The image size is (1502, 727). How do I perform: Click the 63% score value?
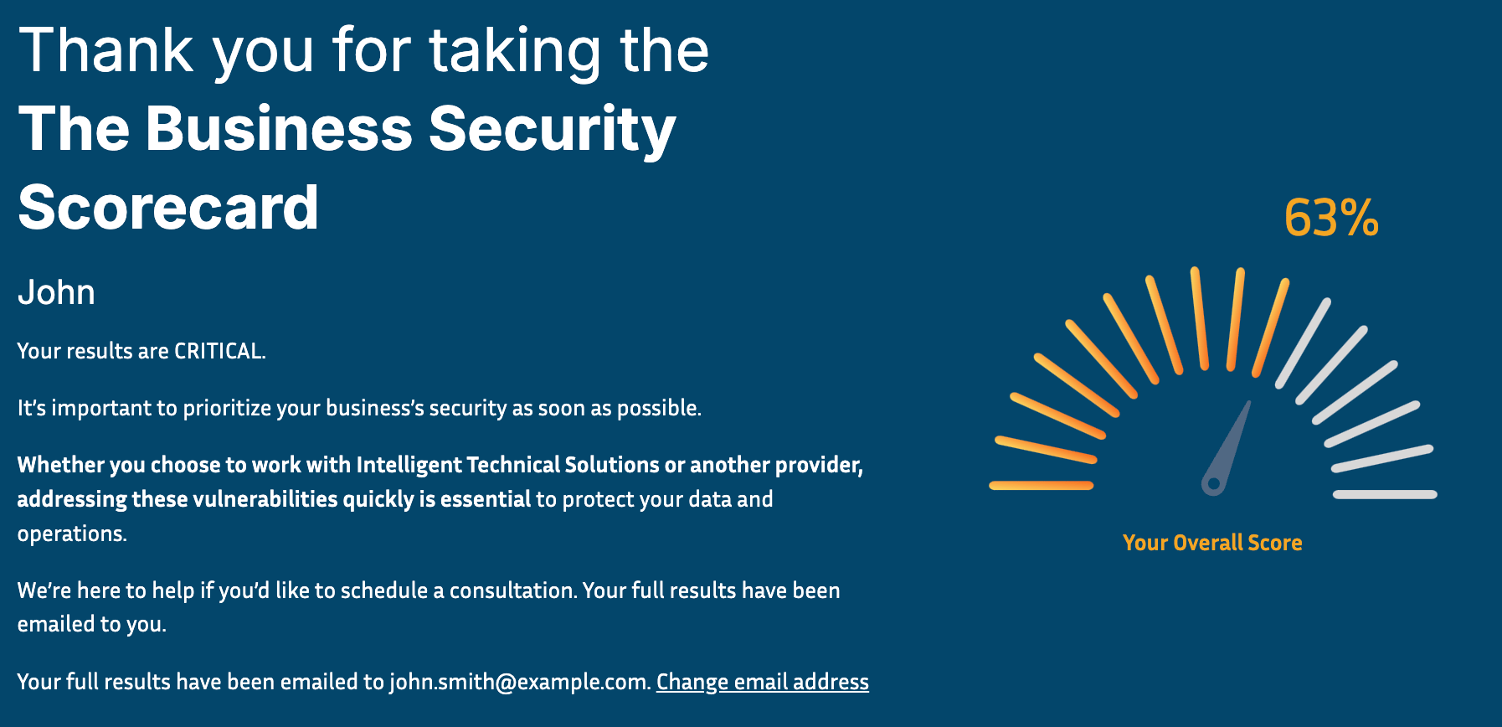1331,218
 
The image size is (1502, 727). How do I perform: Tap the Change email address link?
763,682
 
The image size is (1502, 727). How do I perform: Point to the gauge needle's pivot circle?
1213,484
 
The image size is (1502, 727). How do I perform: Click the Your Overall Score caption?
1212,543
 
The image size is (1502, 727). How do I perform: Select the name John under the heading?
56,292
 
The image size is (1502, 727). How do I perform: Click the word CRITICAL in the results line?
219,351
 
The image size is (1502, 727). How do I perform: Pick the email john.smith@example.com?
520,682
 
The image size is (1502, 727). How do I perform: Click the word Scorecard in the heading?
168,207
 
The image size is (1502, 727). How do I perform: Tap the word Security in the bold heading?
552,130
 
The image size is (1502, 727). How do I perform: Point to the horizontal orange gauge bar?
1042,485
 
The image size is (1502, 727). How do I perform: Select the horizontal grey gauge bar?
1385,494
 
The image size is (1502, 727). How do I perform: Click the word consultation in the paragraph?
512,590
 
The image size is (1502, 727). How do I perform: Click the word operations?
72,534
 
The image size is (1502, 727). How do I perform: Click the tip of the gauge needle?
1250,402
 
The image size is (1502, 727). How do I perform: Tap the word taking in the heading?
515,52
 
